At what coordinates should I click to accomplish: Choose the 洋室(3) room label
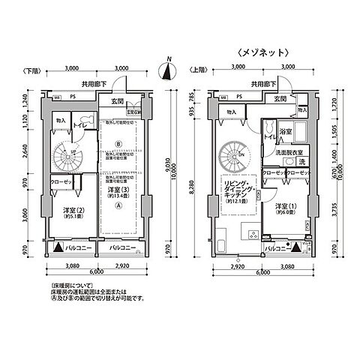coord(116,192)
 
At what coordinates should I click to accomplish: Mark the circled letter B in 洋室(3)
coord(117,144)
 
